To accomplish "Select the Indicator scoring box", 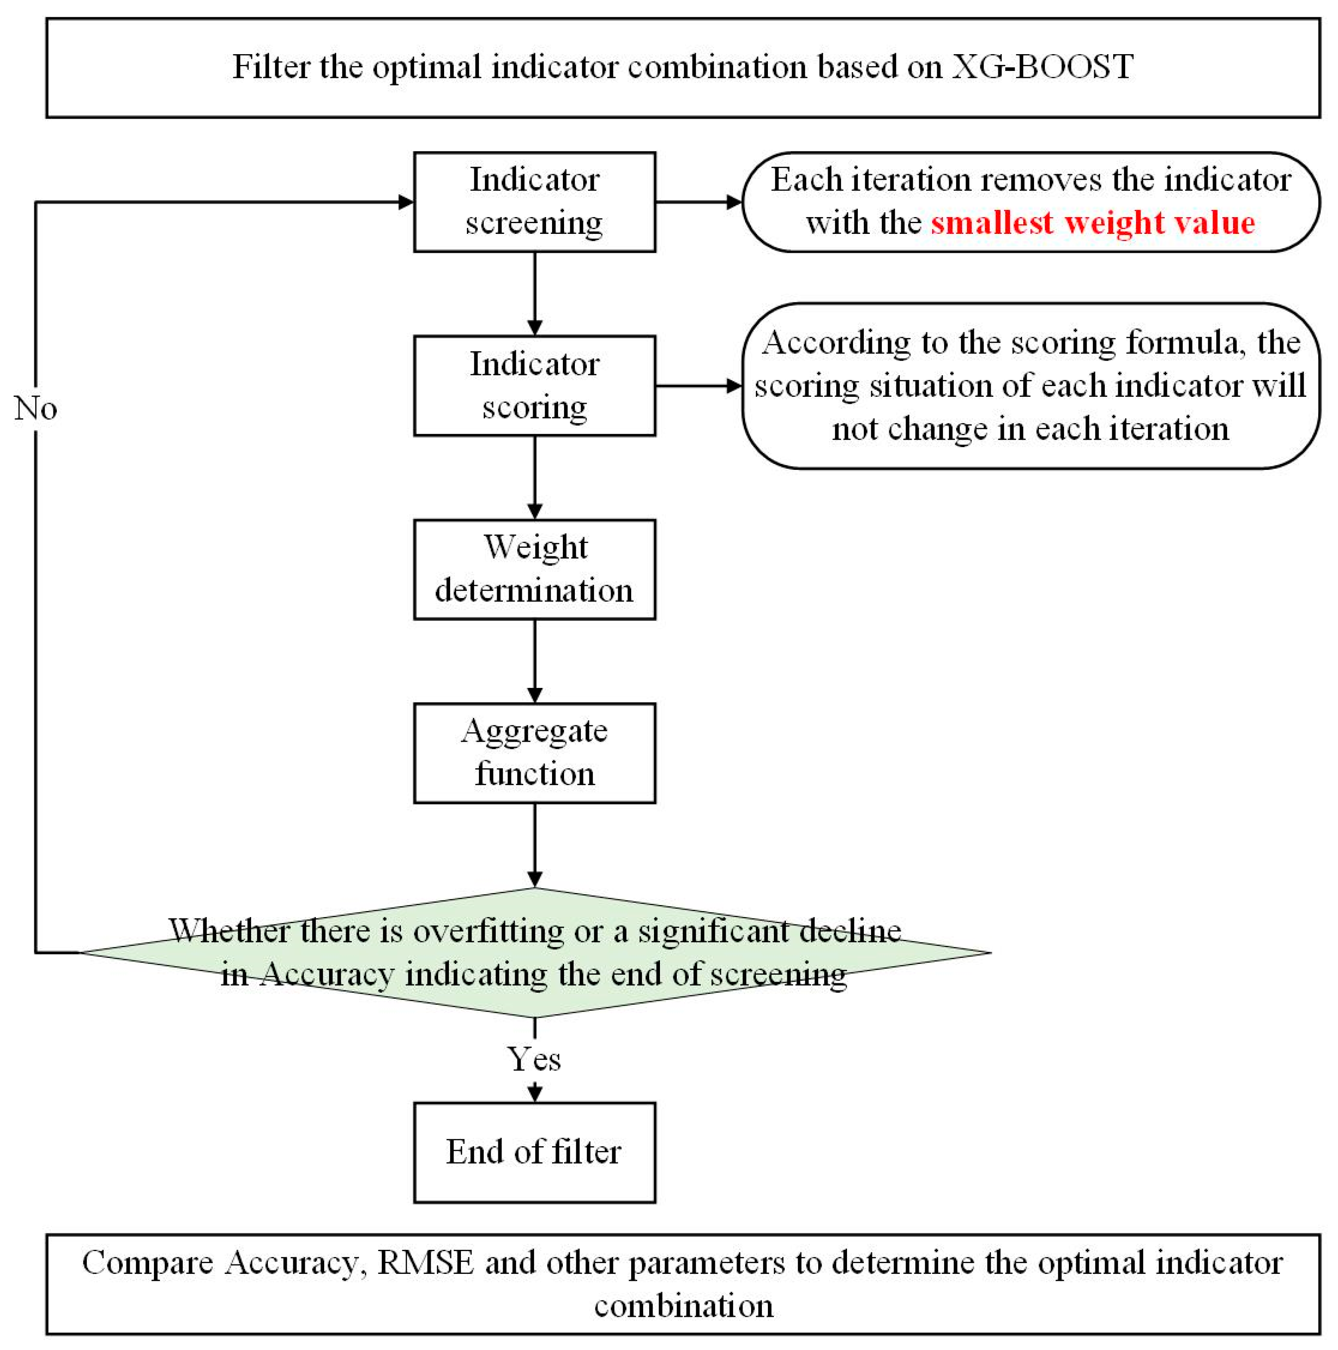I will pyautogui.click(x=534, y=385).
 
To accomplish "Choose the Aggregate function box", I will pyautogui.click(x=534, y=752).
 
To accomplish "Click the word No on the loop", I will pyautogui.click(x=35, y=408).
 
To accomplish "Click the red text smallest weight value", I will pyautogui.click(x=1092, y=223).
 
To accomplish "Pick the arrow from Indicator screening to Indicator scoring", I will pyautogui.click(x=534, y=294).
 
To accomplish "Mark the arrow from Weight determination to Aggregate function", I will pyautogui.click(x=534, y=660).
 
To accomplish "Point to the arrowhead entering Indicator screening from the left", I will pyautogui.click(x=405, y=202).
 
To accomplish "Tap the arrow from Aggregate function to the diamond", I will pyautogui.click(x=534, y=844).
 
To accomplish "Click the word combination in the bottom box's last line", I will pyautogui.click(x=683, y=1305).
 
